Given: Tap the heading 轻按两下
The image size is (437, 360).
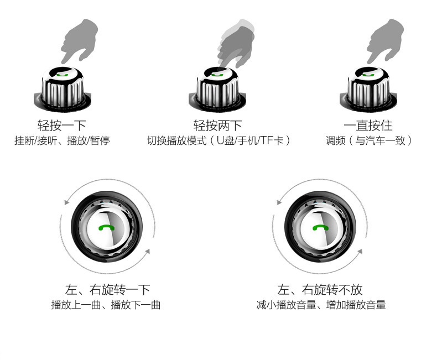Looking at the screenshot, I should [217, 126].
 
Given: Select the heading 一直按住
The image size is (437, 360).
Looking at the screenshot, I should [368, 126].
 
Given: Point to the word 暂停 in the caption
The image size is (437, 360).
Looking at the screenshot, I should [100, 140].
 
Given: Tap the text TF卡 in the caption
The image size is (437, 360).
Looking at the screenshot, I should [272, 140].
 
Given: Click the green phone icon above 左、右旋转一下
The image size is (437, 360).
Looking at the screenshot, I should [106, 228].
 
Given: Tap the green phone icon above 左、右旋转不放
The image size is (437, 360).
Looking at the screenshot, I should [320, 227].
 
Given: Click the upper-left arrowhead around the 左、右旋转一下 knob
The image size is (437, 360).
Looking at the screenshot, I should [67, 202].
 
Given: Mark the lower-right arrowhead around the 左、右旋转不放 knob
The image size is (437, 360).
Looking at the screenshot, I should [360, 252].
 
